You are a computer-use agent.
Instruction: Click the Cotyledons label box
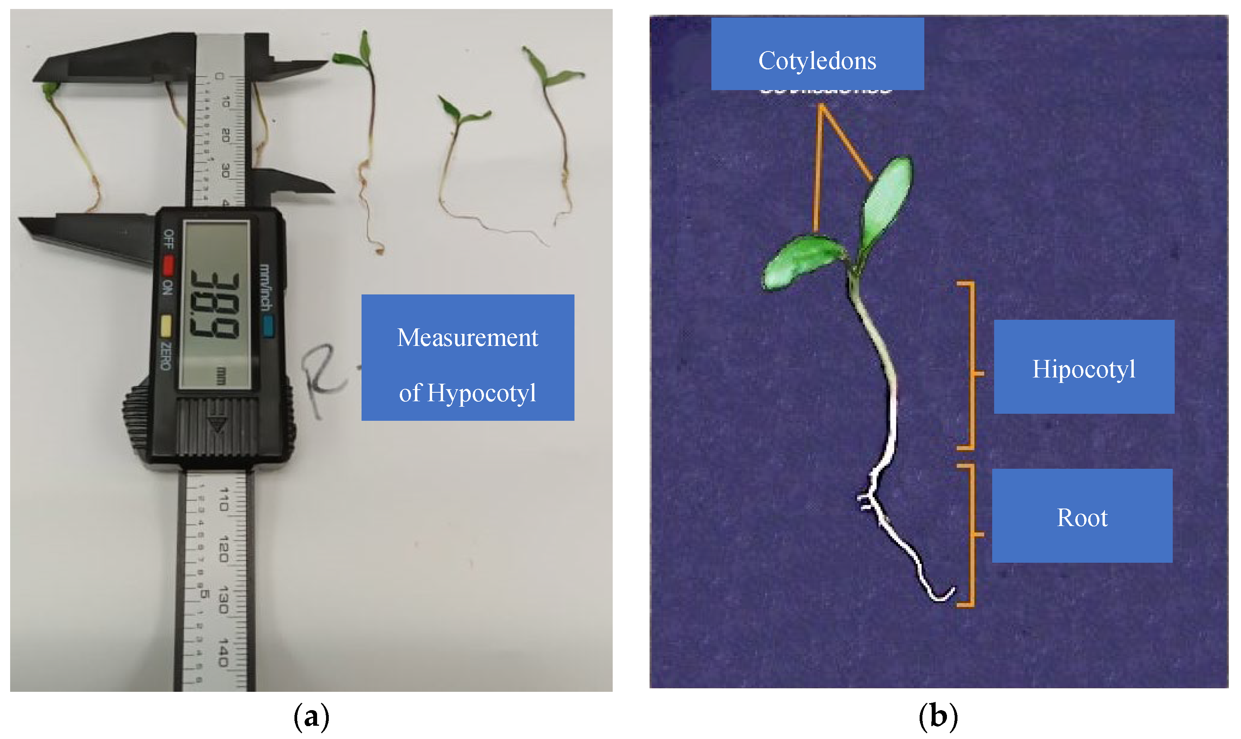click(x=817, y=54)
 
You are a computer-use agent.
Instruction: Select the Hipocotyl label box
click(x=1084, y=367)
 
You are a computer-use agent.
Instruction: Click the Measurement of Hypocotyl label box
click(x=468, y=357)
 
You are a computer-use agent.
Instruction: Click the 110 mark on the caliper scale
click(x=223, y=500)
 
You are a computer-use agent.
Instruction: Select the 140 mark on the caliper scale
click(x=223, y=652)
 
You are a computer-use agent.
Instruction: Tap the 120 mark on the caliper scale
click(x=223, y=549)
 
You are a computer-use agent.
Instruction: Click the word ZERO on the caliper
click(x=166, y=356)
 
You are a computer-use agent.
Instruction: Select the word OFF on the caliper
click(x=169, y=239)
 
